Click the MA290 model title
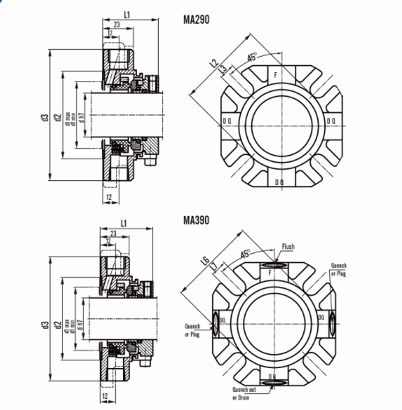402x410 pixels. [x=196, y=20]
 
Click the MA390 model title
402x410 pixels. [x=196, y=220]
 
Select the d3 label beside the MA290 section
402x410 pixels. [x=45, y=116]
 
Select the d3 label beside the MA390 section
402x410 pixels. [x=45, y=324]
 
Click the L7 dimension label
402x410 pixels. [x=213, y=266]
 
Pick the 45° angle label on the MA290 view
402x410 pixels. [x=252, y=56]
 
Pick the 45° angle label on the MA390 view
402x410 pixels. [x=246, y=254]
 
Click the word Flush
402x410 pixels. [x=288, y=247]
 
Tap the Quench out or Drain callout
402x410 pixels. [x=244, y=393]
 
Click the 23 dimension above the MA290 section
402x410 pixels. [x=116, y=25]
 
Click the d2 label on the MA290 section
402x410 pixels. [x=57, y=116]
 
